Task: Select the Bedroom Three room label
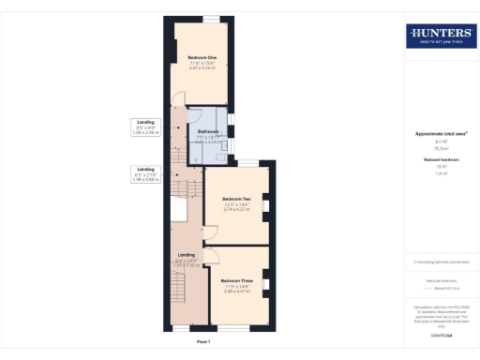click(236, 281)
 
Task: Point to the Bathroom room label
click(208, 131)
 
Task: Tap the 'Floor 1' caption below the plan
click(204, 342)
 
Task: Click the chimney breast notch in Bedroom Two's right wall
click(266, 203)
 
